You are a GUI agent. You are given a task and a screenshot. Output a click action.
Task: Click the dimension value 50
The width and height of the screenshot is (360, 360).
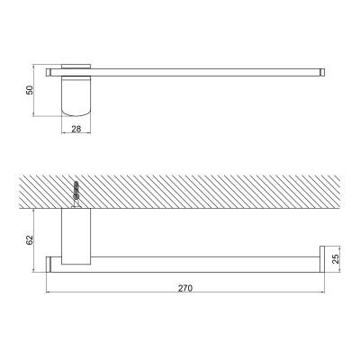click(x=30, y=90)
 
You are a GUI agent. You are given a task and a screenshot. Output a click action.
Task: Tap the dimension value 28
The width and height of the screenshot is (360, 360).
click(x=76, y=129)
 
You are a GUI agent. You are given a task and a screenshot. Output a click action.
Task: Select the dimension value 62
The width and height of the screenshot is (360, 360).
click(x=30, y=240)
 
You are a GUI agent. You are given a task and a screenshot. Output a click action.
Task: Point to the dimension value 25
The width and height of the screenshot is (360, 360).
click(x=336, y=258)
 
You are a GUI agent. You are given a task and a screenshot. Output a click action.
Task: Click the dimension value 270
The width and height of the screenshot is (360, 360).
click(x=185, y=288)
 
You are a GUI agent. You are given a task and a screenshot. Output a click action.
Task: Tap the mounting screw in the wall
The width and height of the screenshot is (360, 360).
click(x=76, y=194)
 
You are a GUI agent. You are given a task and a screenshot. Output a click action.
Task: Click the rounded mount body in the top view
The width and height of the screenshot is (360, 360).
click(x=76, y=96)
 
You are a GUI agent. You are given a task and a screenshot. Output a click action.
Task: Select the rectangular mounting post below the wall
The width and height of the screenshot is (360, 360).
click(x=76, y=237)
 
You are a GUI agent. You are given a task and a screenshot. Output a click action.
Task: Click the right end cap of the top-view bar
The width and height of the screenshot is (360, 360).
click(x=322, y=72)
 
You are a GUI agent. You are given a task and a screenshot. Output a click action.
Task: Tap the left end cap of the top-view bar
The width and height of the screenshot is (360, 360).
click(x=48, y=72)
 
